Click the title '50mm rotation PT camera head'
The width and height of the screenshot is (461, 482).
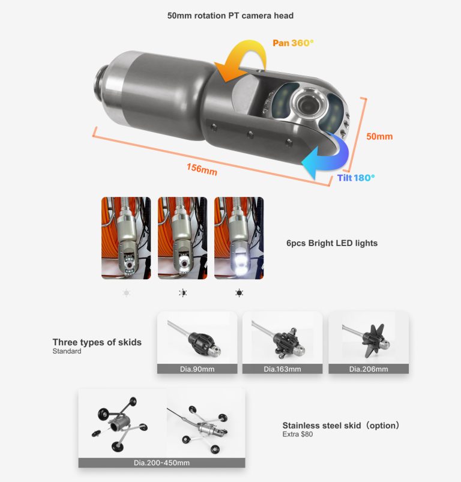(230, 15)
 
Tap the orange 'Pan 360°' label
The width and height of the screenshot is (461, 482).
(294, 43)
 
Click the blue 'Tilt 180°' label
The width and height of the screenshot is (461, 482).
(355, 178)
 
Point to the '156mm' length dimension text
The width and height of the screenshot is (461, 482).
(202, 169)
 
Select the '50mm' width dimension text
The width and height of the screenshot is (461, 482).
(379, 136)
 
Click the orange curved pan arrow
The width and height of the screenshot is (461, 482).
(240, 63)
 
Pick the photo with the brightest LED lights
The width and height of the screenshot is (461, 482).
(239, 238)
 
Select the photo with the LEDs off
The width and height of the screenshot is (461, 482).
(126, 238)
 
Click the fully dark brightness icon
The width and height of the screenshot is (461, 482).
(239, 293)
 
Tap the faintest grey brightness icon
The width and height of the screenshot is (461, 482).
(126, 293)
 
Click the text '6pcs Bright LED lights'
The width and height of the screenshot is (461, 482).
(332, 243)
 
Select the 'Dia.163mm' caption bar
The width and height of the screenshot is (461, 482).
(282, 369)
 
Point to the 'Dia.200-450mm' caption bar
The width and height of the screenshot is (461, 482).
(161, 463)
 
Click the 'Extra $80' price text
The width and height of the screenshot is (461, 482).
(298, 434)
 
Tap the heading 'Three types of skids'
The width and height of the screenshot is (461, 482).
(97, 342)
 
